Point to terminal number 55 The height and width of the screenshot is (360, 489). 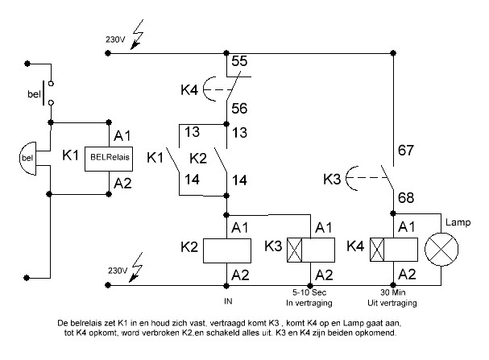pos(239,61)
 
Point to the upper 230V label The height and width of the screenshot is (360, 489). pos(115,38)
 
